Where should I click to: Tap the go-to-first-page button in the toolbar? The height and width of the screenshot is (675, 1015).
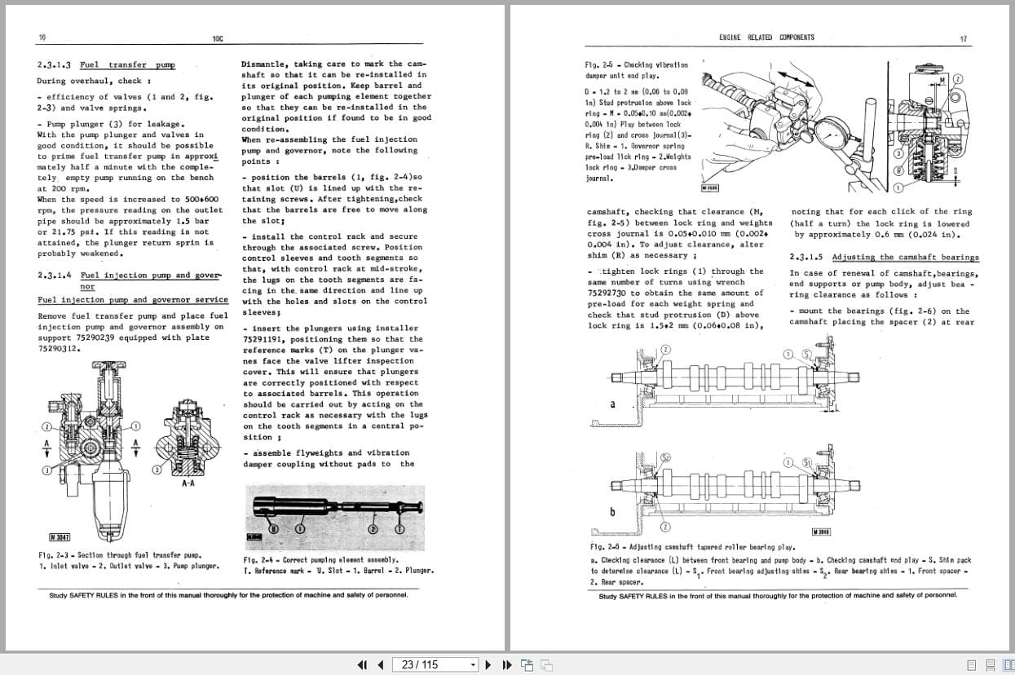click(x=363, y=664)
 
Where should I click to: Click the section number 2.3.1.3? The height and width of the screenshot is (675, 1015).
click(x=54, y=64)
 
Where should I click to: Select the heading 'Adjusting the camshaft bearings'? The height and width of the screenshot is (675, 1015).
click(x=905, y=257)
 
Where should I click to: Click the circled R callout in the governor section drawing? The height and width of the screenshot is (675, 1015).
click(x=898, y=170)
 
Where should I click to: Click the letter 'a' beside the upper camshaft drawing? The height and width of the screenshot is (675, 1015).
click(x=612, y=404)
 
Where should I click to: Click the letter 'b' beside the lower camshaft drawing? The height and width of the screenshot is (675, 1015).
click(x=612, y=511)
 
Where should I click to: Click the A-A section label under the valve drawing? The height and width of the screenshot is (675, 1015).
click(x=188, y=483)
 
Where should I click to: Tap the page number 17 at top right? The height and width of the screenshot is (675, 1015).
click(x=963, y=38)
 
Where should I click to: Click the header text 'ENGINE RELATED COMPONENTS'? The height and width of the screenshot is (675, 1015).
click(x=766, y=37)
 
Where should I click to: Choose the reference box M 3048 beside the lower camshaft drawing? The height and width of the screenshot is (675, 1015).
click(x=821, y=532)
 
